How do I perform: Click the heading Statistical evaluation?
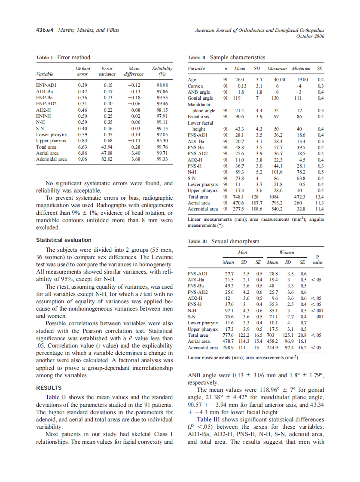[x=64, y=240]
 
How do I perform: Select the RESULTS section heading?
[x=49, y=387]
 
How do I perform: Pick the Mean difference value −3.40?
[x=135, y=153]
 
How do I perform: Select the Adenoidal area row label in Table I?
[x=51, y=159]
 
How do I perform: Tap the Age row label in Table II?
[x=192, y=79]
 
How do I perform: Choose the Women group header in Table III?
[x=287, y=253]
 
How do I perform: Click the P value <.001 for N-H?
[x=317, y=311]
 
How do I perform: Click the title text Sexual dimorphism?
[x=235, y=241]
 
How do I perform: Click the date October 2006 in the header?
[x=310, y=36]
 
